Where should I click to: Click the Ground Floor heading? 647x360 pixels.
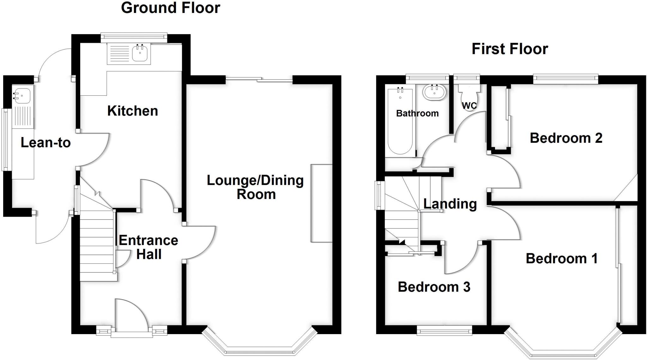(170, 8)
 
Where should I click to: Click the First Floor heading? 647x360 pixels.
(510, 49)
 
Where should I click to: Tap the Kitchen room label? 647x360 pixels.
(132, 111)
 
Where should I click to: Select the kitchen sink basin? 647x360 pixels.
(140, 53)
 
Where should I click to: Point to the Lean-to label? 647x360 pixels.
(45, 143)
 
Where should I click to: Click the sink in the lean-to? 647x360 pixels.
(22, 94)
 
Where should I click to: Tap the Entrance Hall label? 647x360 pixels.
(148, 247)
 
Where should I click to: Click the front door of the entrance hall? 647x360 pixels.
(131, 316)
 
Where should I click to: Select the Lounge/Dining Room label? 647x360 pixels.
(255, 187)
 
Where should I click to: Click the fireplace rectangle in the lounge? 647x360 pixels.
(322, 203)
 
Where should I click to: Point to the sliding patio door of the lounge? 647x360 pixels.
(259, 80)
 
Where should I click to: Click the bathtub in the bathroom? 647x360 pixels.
(400, 122)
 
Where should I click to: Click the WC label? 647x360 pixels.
(469, 106)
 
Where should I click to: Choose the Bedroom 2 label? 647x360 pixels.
(566, 138)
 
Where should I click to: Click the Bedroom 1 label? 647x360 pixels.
(562, 259)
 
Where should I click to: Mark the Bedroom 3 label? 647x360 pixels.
(434, 287)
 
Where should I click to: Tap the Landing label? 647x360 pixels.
(450, 204)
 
